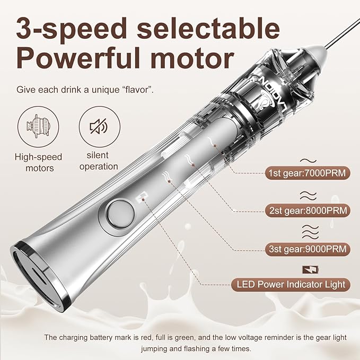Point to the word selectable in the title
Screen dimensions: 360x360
(x=207, y=28)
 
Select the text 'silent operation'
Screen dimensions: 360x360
(x=98, y=161)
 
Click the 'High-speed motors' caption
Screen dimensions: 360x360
(x=38, y=162)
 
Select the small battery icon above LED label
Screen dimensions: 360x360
(x=308, y=270)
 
